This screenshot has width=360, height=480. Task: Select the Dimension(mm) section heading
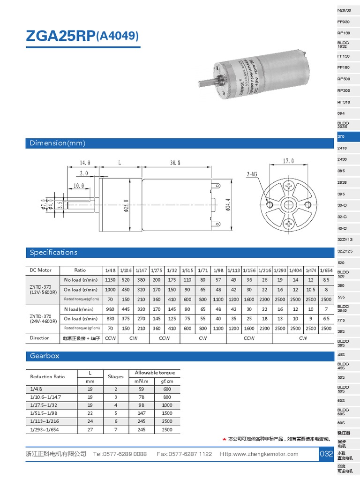point(58,143)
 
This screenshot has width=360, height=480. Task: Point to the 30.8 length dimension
point(174,163)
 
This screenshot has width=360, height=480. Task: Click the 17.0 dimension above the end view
point(288,161)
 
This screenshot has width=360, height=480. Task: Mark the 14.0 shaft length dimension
point(84,163)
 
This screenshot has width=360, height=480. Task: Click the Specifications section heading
point(53,253)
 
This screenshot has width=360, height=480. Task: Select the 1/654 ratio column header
point(326,270)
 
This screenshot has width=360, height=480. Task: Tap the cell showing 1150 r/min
point(110,280)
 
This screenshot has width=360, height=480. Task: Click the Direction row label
point(40,338)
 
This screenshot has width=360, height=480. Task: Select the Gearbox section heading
point(45,356)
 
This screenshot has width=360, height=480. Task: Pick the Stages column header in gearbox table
point(116,376)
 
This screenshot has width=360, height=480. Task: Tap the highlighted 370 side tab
point(341,136)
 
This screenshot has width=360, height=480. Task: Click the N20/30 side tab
point(344,10)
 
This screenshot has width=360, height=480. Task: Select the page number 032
point(326,454)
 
